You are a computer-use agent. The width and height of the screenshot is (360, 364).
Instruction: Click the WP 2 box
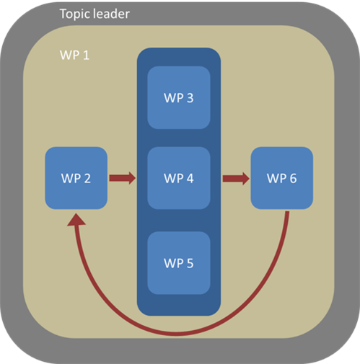point(76,178)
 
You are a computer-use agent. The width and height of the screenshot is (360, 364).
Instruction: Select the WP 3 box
point(178,97)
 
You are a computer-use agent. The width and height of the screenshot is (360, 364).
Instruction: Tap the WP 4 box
point(178,178)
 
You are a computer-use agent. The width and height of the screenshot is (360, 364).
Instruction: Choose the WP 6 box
point(281,178)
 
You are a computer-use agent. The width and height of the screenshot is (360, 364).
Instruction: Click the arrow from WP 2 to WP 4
point(120,178)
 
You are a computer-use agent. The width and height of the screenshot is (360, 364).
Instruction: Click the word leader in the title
point(112,14)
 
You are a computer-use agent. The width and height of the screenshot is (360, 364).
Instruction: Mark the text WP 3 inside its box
point(178,97)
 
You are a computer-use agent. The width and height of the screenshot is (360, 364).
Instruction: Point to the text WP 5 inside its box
point(178,262)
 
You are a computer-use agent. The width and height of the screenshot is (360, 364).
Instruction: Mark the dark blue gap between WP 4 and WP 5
point(178,221)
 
